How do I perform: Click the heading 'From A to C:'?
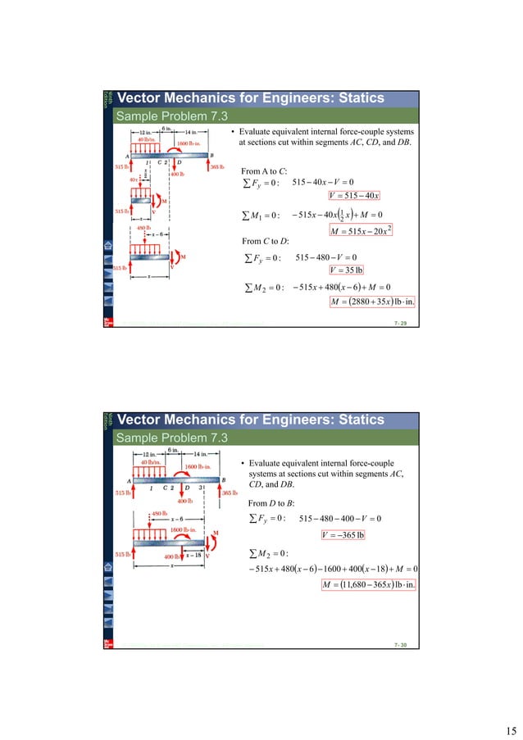click(x=266, y=170)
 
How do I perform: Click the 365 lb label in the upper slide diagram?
click(x=219, y=167)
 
